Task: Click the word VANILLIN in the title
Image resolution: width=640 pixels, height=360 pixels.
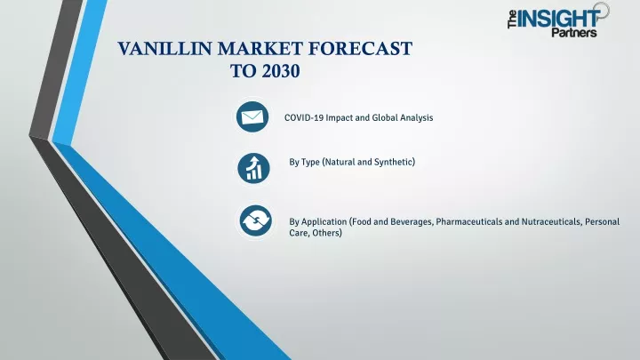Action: coord(165,49)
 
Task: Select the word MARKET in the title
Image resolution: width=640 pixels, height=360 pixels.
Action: coord(260,49)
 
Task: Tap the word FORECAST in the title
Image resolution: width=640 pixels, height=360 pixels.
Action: coord(360,49)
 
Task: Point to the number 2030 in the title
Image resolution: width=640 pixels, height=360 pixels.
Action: coord(281,71)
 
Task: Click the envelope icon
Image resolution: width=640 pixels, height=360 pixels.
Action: coord(252,116)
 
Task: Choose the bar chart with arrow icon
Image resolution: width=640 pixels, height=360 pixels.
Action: coord(253,168)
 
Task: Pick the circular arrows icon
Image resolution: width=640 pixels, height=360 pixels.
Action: coord(255,220)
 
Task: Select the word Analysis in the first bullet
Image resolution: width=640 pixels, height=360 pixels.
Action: coord(416,117)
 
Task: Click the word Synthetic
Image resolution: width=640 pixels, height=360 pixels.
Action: coord(395,162)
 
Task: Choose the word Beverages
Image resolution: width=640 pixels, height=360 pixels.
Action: coord(412,221)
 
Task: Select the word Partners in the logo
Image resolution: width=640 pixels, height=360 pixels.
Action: coord(574,32)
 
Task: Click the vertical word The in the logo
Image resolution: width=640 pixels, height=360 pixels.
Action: coord(512,20)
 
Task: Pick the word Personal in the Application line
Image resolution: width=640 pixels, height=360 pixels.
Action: coord(602,221)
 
